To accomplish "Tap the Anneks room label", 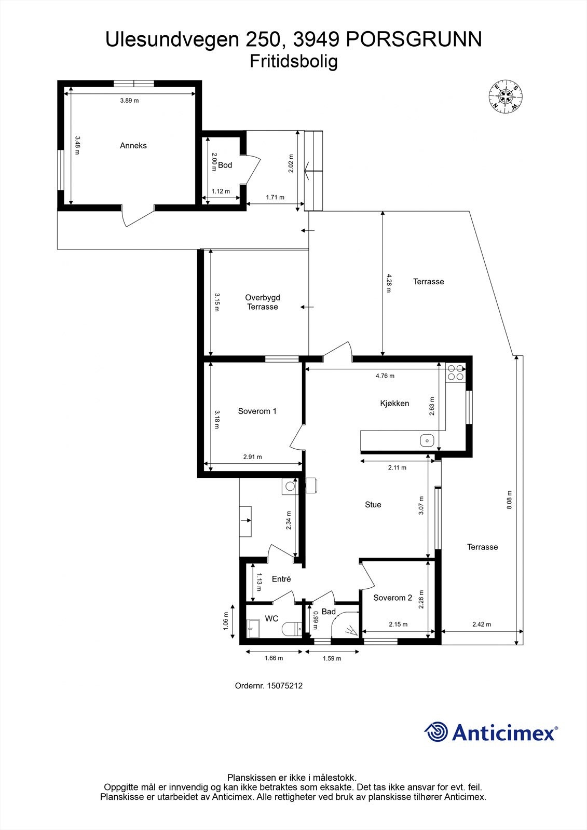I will pyautogui.click(x=133, y=146).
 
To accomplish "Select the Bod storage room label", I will pyautogui.click(x=225, y=165).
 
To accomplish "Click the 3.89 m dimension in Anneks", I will pyautogui.click(x=129, y=101).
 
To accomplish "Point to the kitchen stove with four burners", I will pyautogui.click(x=456, y=373).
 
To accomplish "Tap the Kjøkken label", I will pyautogui.click(x=394, y=403).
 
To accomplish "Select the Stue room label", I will pyautogui.click(x=373, y=504).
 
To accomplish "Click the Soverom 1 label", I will pyautogui.click(x=257, y=411).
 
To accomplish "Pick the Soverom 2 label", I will pyautogui.click(x=392, y=598).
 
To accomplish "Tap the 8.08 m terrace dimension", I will pyautogui.click(x=509, y=500).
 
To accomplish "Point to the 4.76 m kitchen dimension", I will pyautogui.click(x=385, y=376).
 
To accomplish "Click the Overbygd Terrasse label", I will pyautogui.click(x=263, y=302).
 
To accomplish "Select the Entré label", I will pyautogui.click(x=281, y=579).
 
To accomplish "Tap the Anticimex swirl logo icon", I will pyautogui.click(x=436, y=732).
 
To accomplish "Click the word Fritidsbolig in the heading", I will pyautogui.click(x=294, y=61).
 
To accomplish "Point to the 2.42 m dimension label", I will pyautogui.click(x=481, y=625).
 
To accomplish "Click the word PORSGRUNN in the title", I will pyautogui.click(x=413, y=39).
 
